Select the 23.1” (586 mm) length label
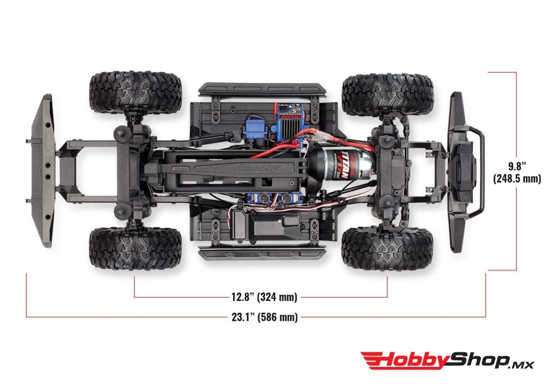point(264,317)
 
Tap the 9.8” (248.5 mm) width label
point(517,172)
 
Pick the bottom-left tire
point(135,248)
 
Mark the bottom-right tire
point(387,248)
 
